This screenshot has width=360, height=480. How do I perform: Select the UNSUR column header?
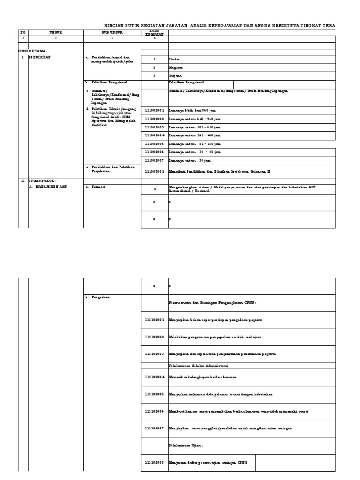55,32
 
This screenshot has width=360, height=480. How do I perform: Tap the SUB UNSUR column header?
112,32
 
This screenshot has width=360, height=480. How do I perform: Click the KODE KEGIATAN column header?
154,32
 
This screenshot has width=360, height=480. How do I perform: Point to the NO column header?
22,32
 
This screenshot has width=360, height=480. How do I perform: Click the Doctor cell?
174,60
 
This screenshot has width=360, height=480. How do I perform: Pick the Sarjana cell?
175,75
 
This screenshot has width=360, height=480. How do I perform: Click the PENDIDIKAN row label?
39,57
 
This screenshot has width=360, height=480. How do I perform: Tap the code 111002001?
154,109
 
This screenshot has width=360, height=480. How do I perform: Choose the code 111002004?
154,135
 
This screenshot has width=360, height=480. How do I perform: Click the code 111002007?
154,160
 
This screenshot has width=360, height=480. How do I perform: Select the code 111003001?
154,172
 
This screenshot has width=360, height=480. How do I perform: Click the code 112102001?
154,320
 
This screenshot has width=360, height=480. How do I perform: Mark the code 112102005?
154,394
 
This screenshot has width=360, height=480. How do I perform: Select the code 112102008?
154,463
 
